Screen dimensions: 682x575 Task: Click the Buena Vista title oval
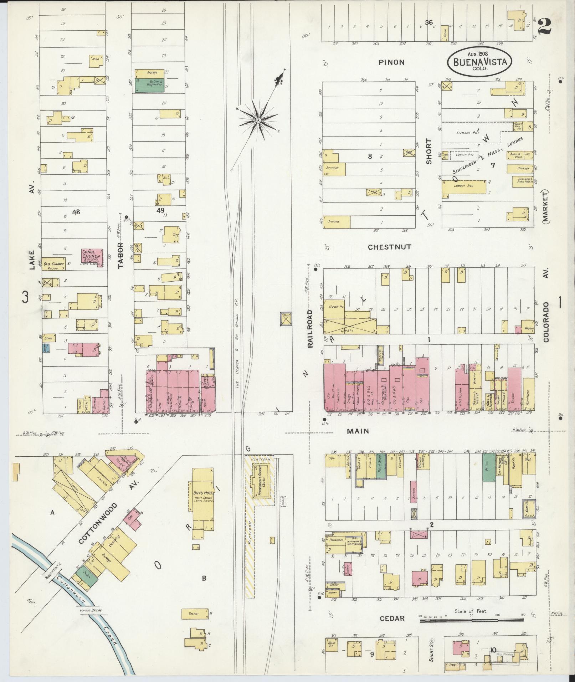coord(479,61)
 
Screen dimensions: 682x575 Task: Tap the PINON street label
coord(391,62)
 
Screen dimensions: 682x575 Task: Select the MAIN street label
coord(358,431)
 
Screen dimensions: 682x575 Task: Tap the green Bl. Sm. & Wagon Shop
coord(150,86)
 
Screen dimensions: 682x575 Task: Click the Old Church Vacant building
coord(53,264)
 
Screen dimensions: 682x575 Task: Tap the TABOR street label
coord(120,255)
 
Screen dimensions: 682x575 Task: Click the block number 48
coord(76,212)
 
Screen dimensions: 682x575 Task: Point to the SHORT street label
coord(429,151)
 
